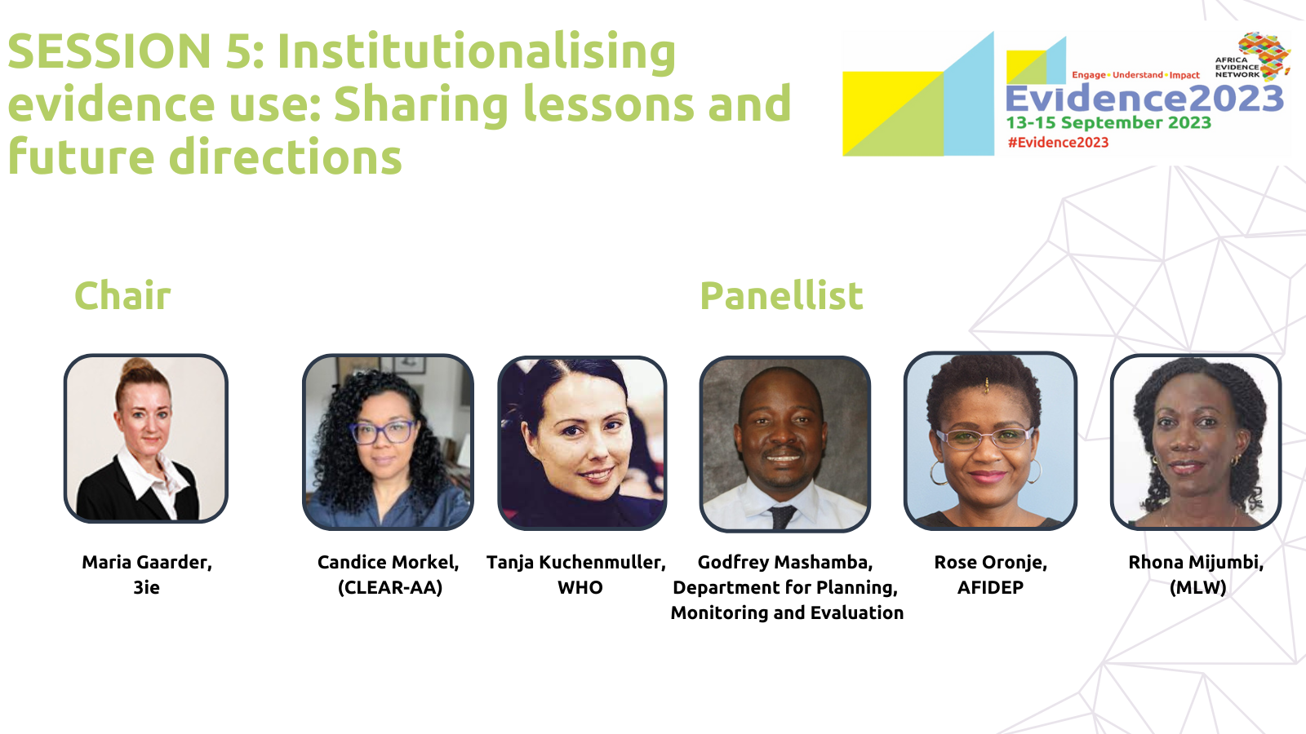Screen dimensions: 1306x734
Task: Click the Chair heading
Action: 122,295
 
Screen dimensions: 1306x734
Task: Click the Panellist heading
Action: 781,295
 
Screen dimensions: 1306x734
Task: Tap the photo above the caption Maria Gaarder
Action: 146,439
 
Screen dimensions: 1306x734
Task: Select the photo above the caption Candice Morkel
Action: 388,442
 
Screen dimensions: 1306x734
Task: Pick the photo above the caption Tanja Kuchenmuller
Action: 582,444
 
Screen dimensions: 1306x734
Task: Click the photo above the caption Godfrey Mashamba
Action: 784,444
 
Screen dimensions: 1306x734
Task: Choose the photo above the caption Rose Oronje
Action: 990,441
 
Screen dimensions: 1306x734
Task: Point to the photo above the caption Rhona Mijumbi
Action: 1196,442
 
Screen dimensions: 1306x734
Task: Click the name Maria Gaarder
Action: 147,562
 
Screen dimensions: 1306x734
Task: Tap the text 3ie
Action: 146,587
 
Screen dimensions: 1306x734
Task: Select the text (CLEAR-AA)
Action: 390,587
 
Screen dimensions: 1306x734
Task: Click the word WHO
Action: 580,587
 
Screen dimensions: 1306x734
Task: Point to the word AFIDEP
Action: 990,587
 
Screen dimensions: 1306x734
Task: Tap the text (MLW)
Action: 1197,587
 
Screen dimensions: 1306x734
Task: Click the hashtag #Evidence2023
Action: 1058,143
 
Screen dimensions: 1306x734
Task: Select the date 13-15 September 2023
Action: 1108,122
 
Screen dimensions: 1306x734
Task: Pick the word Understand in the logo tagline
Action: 1138,75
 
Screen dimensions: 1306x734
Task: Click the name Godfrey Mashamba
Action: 784,562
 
